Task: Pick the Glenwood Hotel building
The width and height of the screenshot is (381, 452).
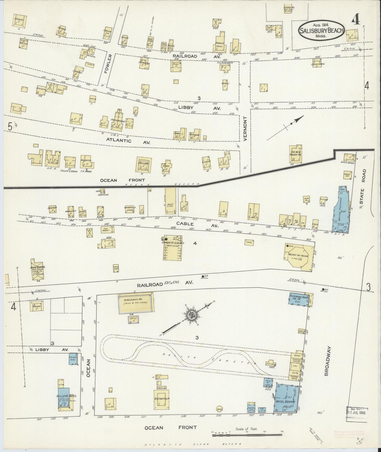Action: click(299, 299)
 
